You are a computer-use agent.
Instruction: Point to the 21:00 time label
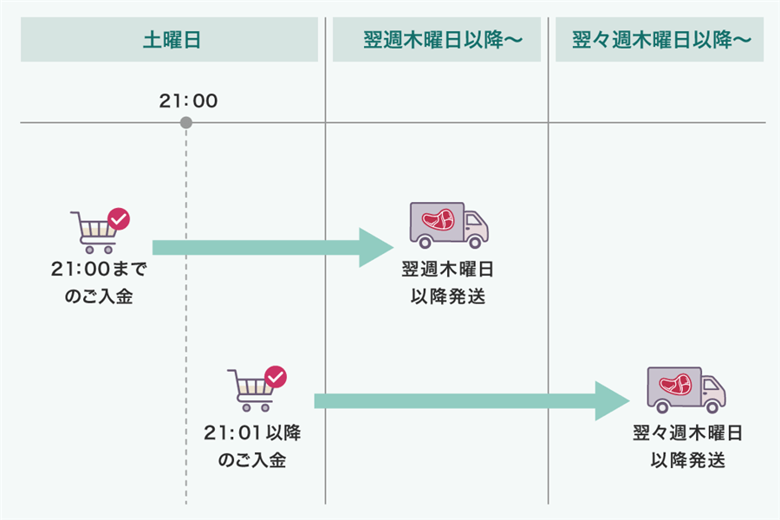click(x=188, y=101)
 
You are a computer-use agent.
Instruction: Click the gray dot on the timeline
click(x=186, y=123)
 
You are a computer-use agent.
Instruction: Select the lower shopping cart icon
click(x=251, y=392)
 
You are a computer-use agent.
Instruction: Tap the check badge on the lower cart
click(x=276, y=378)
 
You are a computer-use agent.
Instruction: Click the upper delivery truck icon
click(x=448, y=225)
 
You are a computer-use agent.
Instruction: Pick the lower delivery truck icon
click(x=686, y=389)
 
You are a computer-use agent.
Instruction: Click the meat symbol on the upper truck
click(x=439, y=220)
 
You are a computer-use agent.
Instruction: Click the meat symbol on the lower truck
click(x=676, y=384)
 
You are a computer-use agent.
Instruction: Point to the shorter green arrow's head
click(x=378, y=249)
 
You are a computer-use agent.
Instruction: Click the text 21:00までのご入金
click(x=100, y=283)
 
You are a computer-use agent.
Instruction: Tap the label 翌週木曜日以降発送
click(x=447, y=283)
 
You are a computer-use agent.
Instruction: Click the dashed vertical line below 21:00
click(x=186, y=347)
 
